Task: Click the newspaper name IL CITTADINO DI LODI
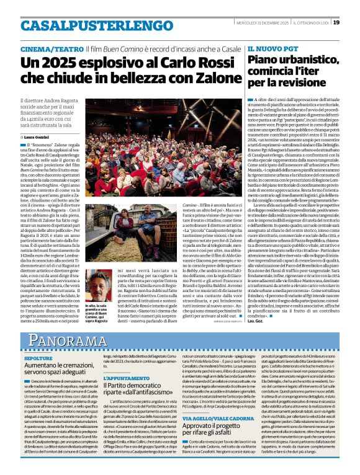click(x=308, y=22)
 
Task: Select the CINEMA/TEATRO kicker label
click(x=45, y=48)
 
